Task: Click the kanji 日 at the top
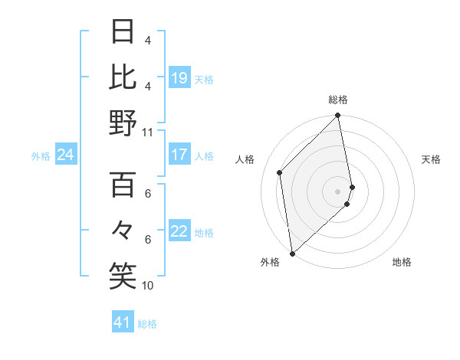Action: (x=123, y=31)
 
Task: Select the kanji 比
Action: (x=123, y=77)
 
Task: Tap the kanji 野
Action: (x=123, y=122)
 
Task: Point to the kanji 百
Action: (x=123, y=185)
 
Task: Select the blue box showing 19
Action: (x=179, y=77)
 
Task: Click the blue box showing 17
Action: (x=179, y=155)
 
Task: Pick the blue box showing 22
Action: (x=179, y=232)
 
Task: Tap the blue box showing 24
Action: (x=65, y=155)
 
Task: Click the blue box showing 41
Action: (x=123, y=322)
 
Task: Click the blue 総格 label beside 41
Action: (x=147, y=324)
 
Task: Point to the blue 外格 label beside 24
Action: (x=41, y=156)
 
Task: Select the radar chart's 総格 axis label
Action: (x=338, y=100)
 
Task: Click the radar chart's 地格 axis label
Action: (x=402, y=263)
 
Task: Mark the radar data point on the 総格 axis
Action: (x=338, y=116)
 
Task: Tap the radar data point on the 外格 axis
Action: (x=292, y=253)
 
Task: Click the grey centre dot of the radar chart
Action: (x=338, y=191)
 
